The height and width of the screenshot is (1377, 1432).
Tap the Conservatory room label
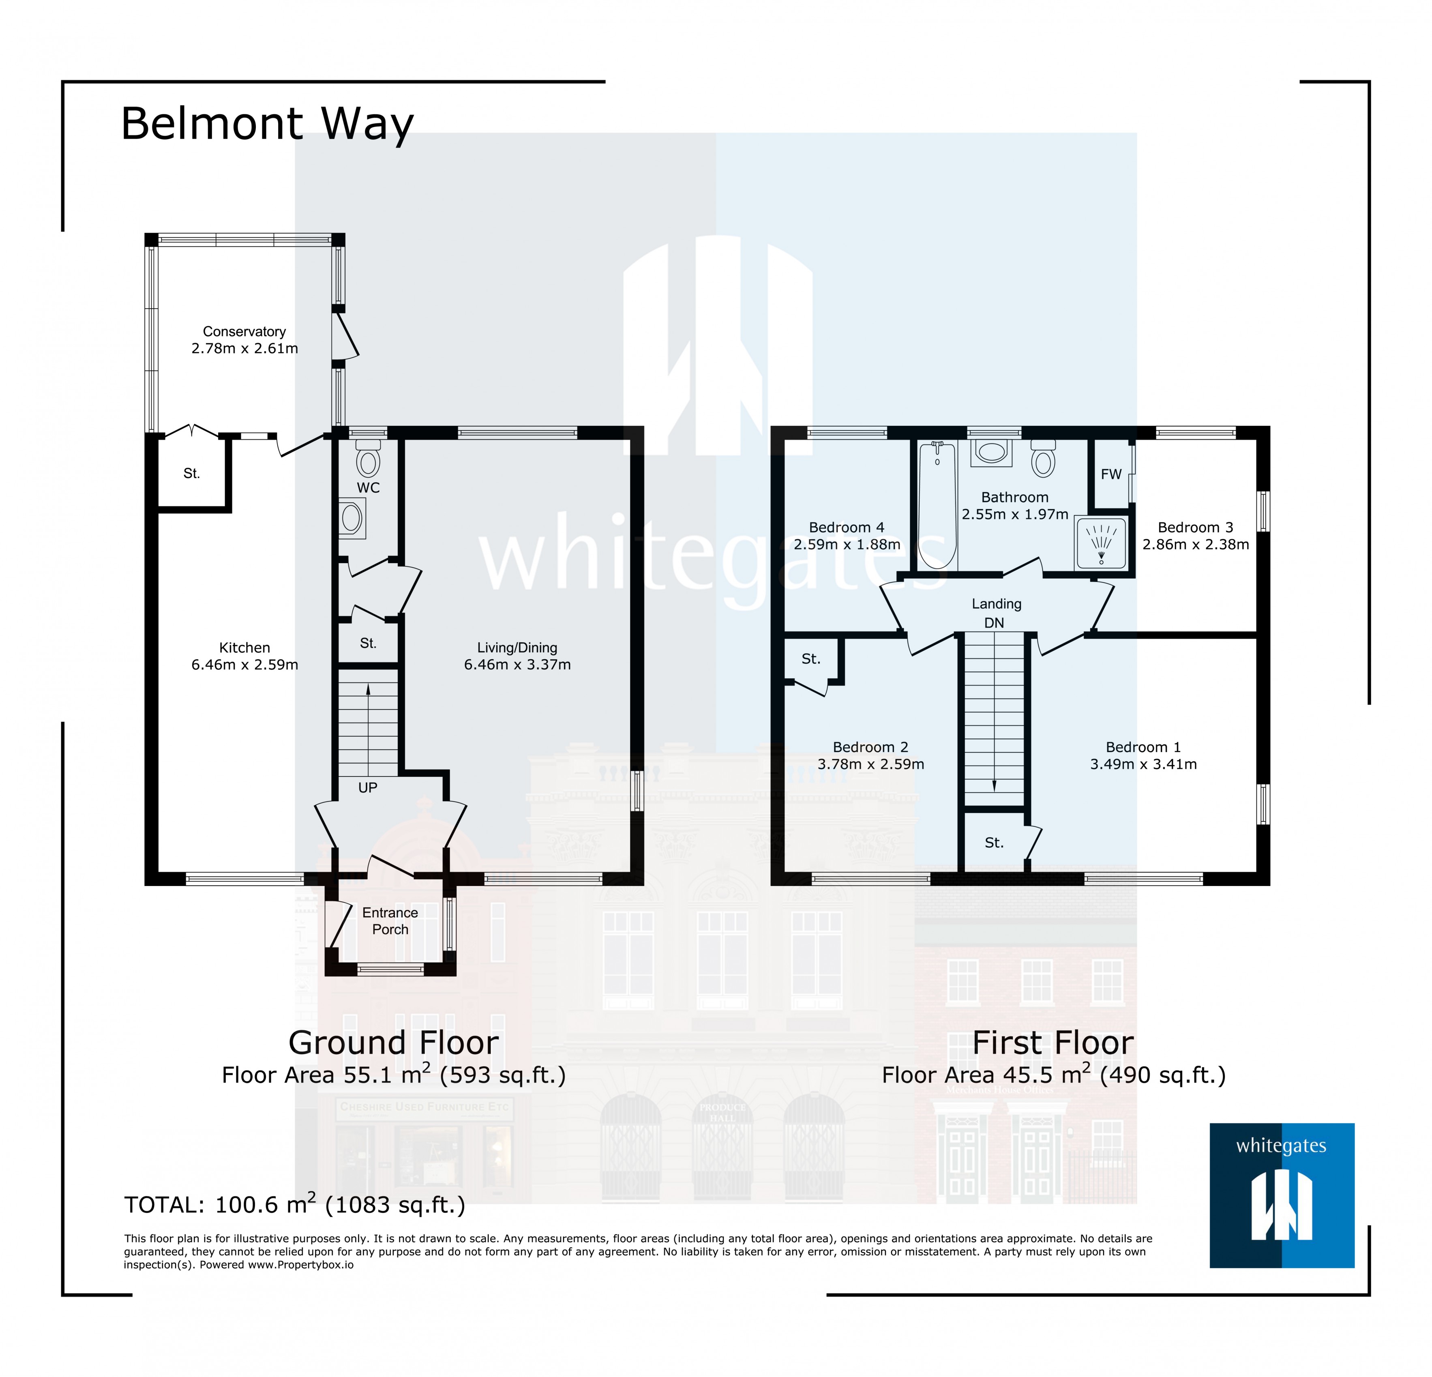point(244,332)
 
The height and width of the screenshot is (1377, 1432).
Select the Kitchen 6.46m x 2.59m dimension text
point(245,665)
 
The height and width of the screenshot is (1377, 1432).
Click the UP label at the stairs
point(367,787)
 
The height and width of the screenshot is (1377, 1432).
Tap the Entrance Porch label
point(390,920)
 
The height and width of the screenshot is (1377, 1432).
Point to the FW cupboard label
point(1110,474)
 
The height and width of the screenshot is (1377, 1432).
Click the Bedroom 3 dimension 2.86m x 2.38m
point(1195,544)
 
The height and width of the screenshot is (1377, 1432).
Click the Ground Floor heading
point(393,1042)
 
